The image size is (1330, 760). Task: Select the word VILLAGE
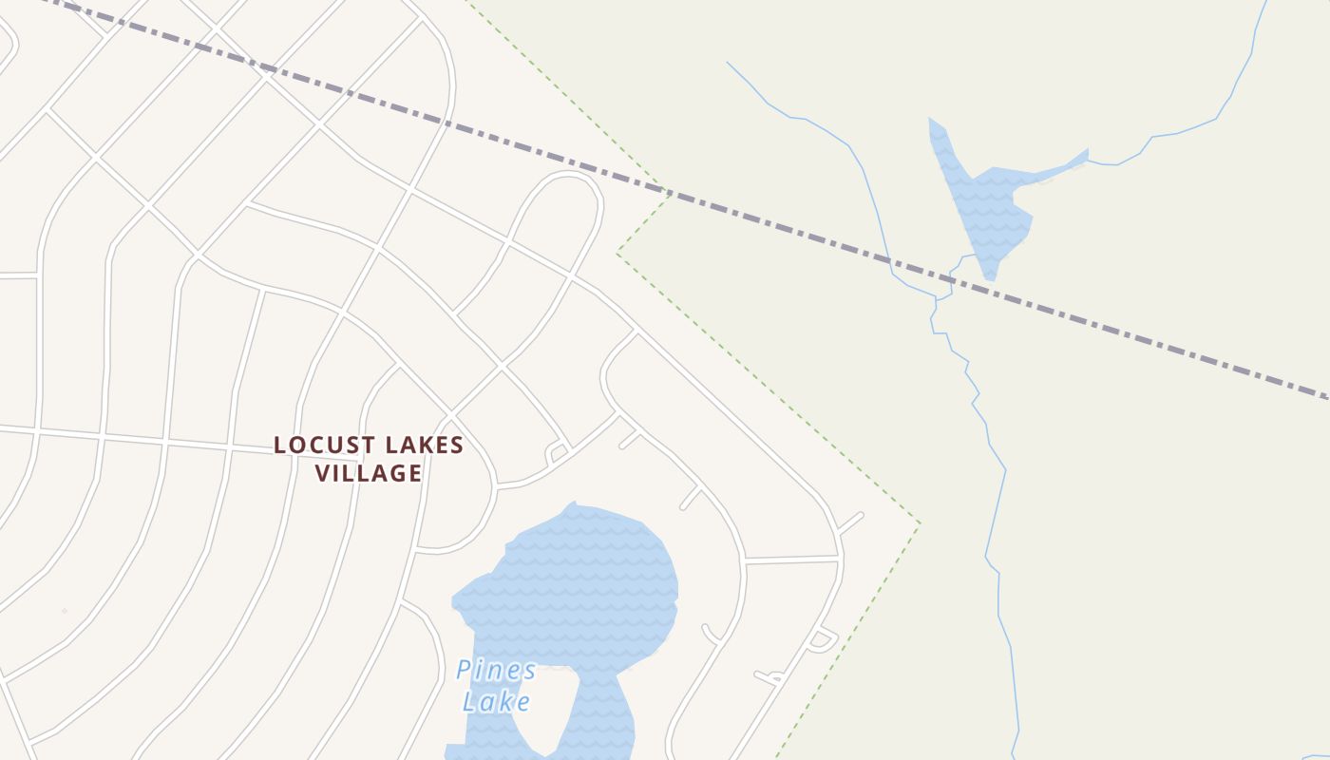point(369,473)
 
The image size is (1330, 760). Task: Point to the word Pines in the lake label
point(496,671)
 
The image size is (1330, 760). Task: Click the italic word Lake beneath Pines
point(496,702)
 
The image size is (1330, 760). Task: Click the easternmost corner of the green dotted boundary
point(920,522)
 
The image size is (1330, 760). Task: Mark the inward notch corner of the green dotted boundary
point(617,253)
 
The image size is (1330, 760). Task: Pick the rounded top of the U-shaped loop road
point(568,176)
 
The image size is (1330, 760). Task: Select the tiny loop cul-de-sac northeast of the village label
point(557,453)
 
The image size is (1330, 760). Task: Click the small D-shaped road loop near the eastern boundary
point(823,639)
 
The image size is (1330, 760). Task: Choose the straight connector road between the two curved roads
point(790,559)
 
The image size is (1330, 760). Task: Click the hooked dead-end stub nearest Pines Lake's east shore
point(710,633)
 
